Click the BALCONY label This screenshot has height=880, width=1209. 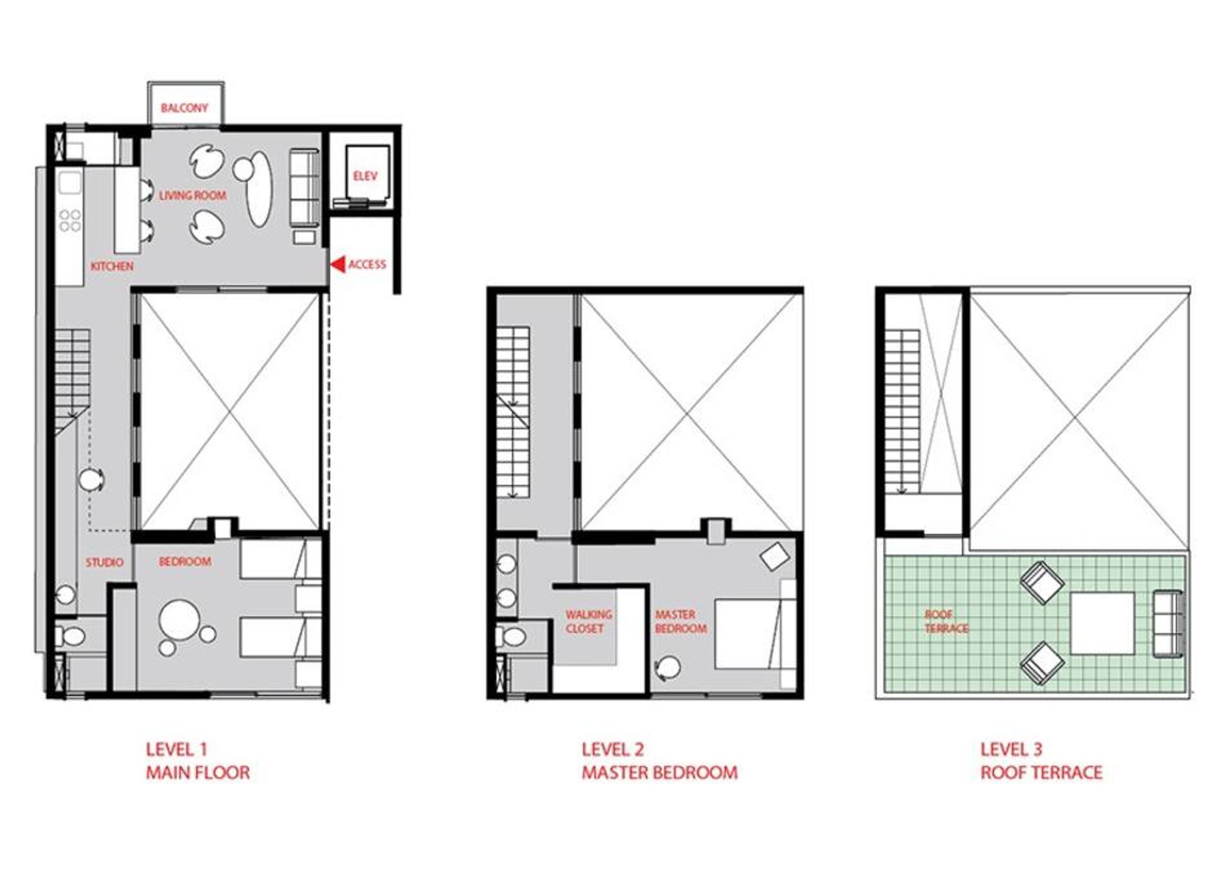coord(184,108)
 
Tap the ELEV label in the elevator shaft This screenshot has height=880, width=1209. coord(365,176)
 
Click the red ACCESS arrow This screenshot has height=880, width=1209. coord(337,264)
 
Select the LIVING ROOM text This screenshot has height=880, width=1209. coord(192,195)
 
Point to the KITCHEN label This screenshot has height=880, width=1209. coord(112,266)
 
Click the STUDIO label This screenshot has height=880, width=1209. coord(104,562)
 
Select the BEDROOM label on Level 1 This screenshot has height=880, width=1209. coord(185,561)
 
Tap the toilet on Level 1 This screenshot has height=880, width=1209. coord(71,636)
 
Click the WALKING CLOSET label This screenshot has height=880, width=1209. coord(588,621)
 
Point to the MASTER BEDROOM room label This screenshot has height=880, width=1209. coord(681,621)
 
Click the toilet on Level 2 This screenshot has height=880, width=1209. coord(511,637)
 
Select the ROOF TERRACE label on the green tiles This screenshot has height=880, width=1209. coord(946,621)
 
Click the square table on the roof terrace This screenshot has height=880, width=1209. coord(1102,623)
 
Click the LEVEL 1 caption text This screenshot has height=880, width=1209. coord(177,750)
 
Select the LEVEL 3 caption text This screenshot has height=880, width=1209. coord(1011,750)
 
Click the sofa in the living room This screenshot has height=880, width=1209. coord(305,188)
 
